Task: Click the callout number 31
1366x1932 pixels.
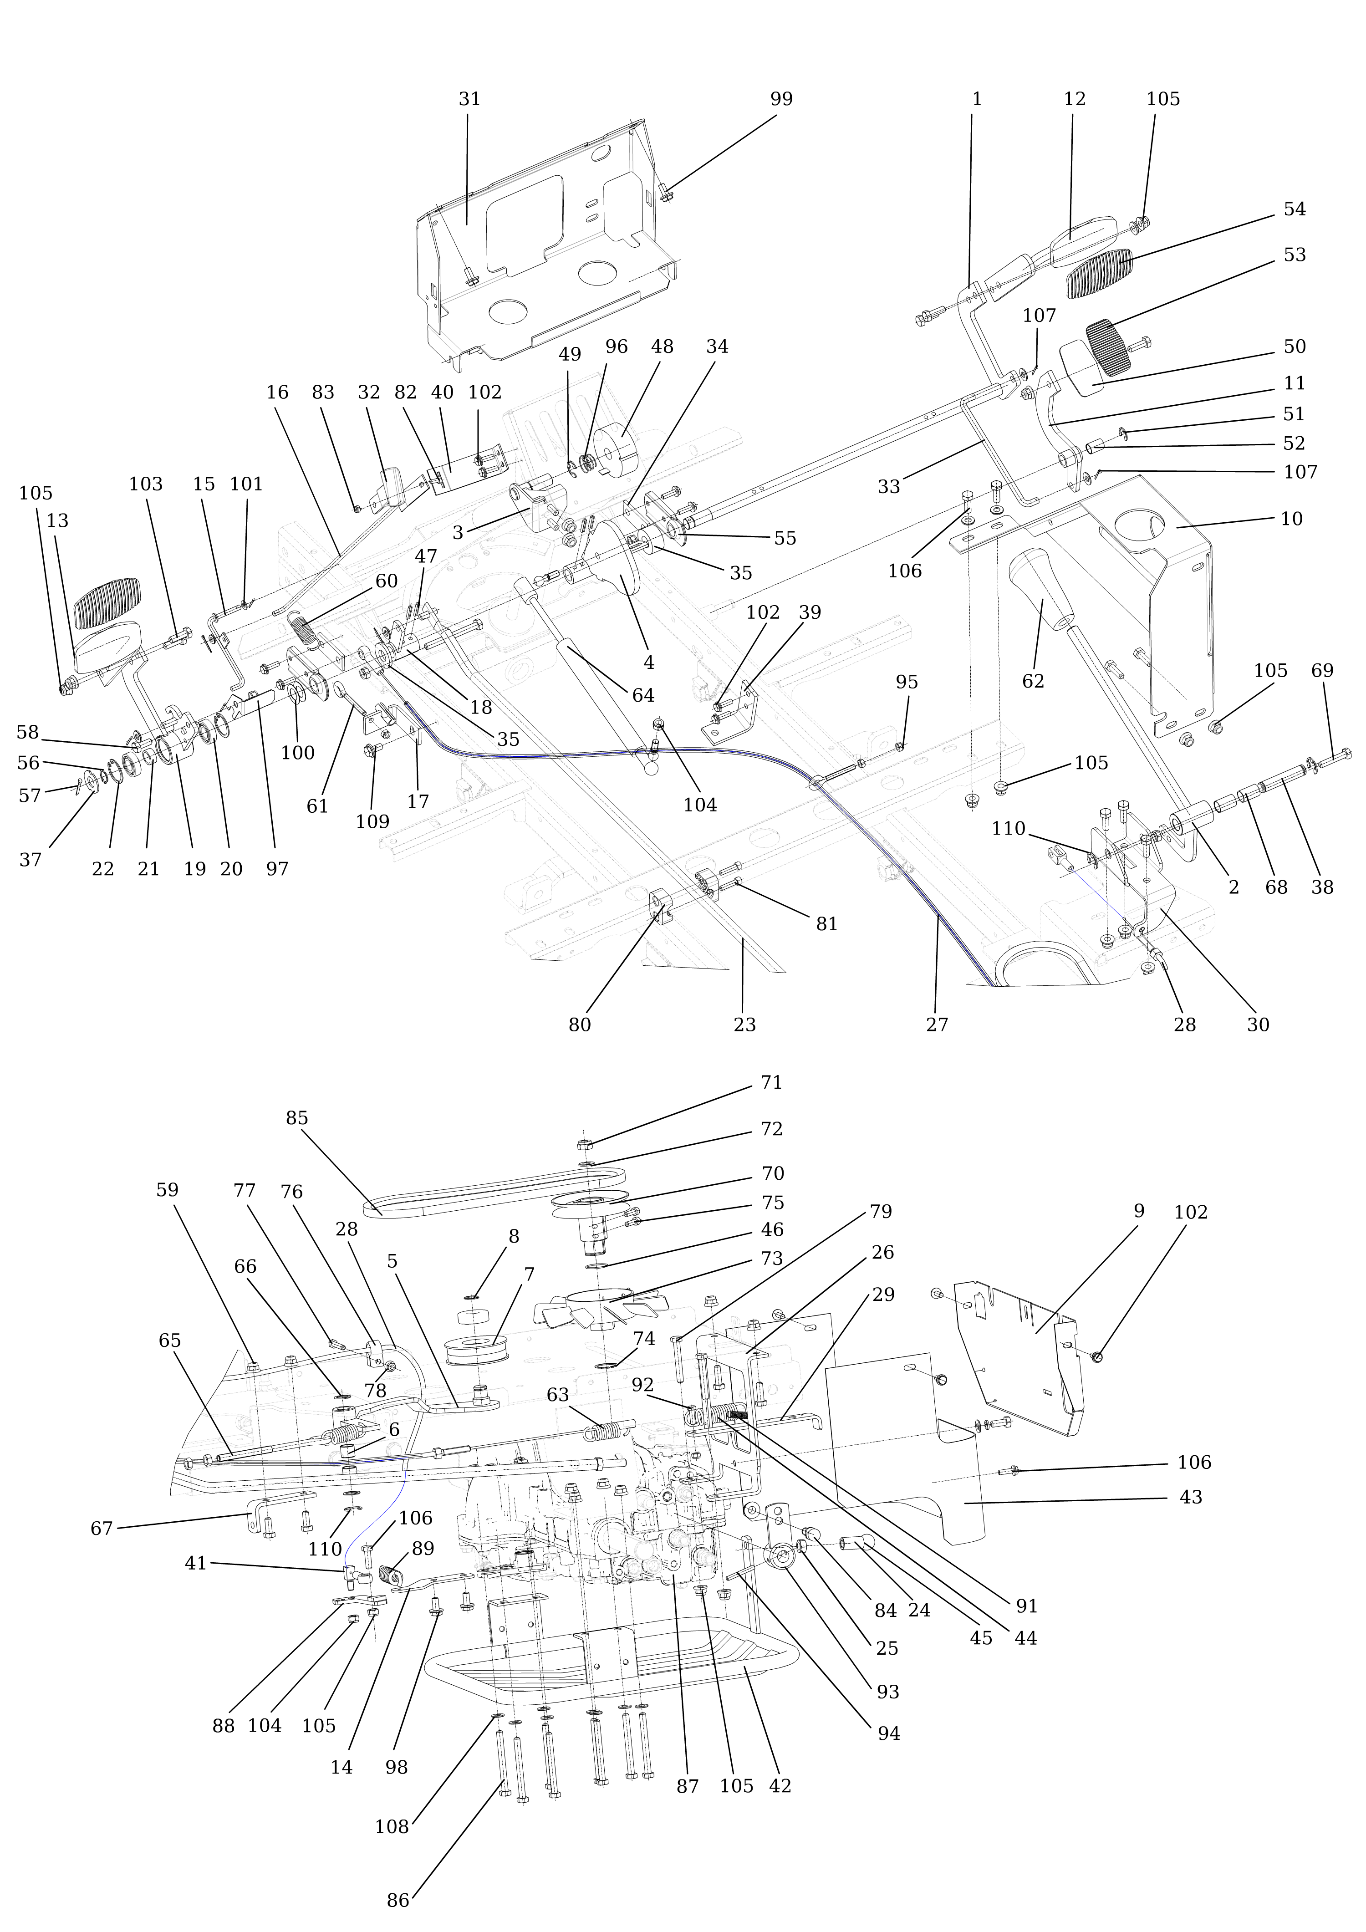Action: point(469,99)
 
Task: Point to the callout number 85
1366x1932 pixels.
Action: point(296,1118)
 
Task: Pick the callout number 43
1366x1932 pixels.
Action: point(1191,1497)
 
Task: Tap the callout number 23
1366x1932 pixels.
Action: point(744,1025)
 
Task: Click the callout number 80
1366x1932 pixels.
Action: point(579,1025)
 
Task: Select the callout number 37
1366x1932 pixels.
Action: point(31,860)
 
